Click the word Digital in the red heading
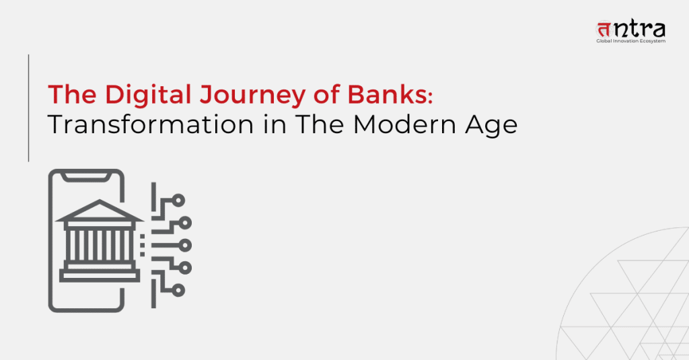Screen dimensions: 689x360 pos(148,94)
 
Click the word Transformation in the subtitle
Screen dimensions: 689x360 pos(151,124)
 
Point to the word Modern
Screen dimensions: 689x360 pos(404,124)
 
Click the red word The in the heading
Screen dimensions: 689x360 pos(72,94)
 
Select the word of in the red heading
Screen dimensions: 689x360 pos(326,94)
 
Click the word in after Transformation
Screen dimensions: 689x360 pos(275,124)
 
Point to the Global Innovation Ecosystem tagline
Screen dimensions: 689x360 pos(630,41)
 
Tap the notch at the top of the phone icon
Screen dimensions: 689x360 pos(85,177)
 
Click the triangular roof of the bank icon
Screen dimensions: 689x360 pos(100,211)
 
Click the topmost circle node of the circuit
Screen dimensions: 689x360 pos(178,201)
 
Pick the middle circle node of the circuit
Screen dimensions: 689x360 pos(185,246)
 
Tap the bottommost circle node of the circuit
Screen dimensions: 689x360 pos(178,290)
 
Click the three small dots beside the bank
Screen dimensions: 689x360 pos(143,246)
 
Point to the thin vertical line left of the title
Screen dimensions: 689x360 pos(28,108)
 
